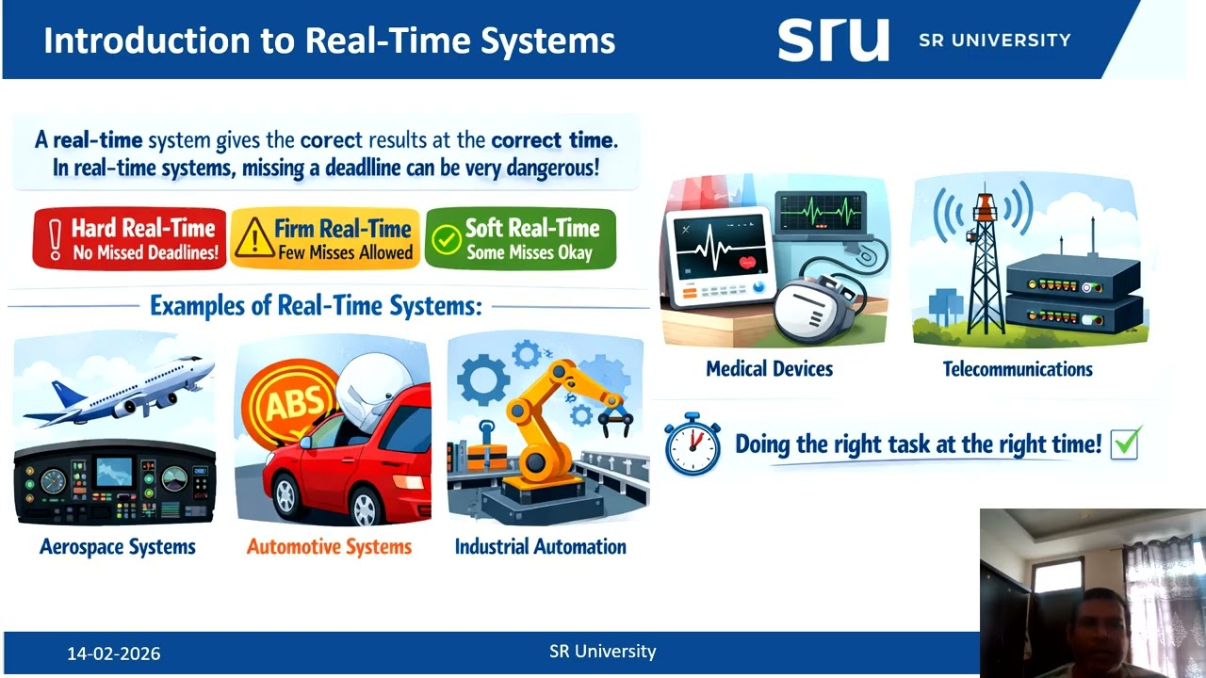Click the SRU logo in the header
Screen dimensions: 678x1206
(x=833, y=40)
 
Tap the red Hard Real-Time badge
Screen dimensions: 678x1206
(x=130, y=239)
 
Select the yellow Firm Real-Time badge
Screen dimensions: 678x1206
(x=325, y=239)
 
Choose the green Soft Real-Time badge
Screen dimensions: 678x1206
(x=520, y=239)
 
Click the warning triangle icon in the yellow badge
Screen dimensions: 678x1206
(x=254, y=241)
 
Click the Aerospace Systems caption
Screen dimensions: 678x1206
(x=118, y=547)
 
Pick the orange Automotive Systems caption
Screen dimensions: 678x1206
(x=329, y=547)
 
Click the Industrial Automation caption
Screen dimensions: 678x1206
(x=540, y=547)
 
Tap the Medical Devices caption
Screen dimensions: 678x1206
(x=769, y=369)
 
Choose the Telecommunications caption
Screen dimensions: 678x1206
(x=1018, y=369)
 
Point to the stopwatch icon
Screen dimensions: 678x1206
(x=692, y=443)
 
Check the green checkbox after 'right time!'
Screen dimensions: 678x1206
(x=1125, y=443)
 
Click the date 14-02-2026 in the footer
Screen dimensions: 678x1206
(x=113, y=654)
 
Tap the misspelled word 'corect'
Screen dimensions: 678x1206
(x=331, y=141)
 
